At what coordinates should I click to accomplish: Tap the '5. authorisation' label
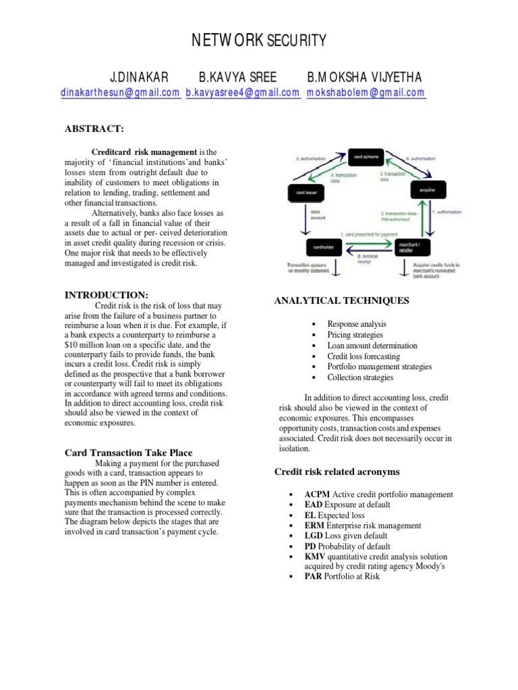pos(312,159)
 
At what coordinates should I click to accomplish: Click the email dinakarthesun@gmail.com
pos(121,93)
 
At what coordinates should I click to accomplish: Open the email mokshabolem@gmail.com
pos(366,93)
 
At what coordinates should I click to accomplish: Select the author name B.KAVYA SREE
pos(238,76)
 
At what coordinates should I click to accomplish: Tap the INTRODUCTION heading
pos(106,295)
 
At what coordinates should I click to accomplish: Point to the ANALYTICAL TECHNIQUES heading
pos(341,301)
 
